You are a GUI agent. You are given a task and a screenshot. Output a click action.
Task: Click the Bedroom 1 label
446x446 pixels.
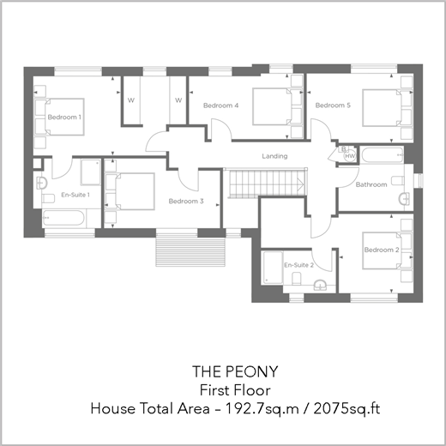coord(64,117)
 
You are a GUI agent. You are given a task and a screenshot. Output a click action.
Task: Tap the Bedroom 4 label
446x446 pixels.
coord(220,105)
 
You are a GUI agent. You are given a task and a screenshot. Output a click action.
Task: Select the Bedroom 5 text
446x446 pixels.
coord(333,105)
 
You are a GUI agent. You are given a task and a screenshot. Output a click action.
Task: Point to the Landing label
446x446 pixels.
coord(274,156)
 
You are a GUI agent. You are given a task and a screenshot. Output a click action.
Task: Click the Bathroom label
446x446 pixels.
coord(371,184)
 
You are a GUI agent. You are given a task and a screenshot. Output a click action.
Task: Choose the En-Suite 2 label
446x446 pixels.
coord(298,265)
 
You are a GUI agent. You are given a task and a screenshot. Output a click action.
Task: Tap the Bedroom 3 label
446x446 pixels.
coord(186,202)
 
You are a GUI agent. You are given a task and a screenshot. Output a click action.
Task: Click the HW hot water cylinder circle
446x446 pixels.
coord(350,156)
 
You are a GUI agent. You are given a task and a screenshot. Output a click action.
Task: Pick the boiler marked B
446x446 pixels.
coord(343,149)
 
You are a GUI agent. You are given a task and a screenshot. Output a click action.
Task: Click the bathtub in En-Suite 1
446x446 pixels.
coord(63,218)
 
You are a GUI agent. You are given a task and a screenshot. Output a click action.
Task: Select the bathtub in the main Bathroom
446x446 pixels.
coord(383,154)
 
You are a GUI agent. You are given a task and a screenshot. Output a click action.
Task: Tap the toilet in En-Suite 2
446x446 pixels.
coord(297,279)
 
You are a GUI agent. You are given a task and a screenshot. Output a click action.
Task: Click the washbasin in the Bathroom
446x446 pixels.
coord(405,199)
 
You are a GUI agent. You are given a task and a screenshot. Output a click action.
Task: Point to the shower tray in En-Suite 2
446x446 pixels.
coord(273,268)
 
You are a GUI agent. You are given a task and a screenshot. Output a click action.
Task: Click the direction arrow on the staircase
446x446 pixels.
coord(300,184)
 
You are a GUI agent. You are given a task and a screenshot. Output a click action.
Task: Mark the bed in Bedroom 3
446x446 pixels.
coord(130,191)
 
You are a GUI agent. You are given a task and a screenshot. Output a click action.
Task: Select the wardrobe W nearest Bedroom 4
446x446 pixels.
coord(178,100)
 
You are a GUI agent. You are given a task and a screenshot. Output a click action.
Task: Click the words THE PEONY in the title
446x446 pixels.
coord(235,371)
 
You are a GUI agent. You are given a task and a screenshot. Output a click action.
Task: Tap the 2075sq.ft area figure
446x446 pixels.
coord(347,409)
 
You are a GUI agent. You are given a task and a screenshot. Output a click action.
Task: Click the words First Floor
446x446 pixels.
coord(235,390)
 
